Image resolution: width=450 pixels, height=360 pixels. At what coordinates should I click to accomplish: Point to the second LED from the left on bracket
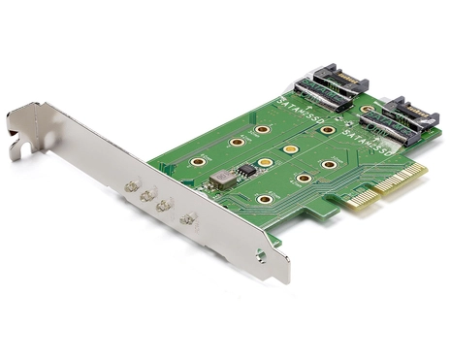click(146, 194)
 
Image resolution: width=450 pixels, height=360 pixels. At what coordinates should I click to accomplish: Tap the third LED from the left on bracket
click(162, 205)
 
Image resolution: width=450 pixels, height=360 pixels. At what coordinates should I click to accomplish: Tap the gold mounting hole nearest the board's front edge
click(264, 199)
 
